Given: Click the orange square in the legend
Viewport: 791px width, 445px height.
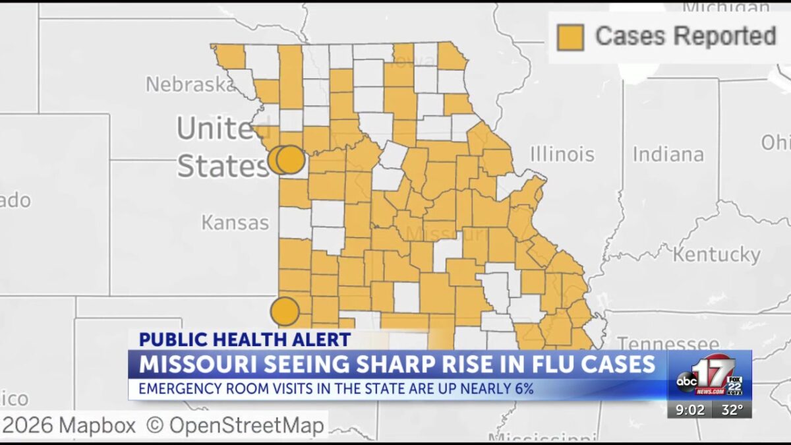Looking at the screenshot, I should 570,37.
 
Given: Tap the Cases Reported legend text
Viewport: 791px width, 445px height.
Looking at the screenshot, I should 686,36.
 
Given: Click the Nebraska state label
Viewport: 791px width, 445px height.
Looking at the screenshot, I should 186,84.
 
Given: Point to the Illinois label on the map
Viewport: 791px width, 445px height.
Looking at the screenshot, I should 562,154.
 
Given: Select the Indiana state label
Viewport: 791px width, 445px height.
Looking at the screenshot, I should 668,154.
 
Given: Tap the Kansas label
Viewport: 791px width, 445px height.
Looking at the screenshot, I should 235,223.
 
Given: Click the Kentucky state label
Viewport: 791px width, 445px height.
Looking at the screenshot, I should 717,254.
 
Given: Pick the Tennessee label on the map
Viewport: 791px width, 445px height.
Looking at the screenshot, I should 668,343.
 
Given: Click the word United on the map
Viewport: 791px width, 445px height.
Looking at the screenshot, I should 218,129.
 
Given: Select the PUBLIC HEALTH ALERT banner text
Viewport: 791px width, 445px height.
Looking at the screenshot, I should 245,340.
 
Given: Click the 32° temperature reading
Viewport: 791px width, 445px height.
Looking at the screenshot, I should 731,409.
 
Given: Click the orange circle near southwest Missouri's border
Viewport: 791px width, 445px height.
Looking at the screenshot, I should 285,311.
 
